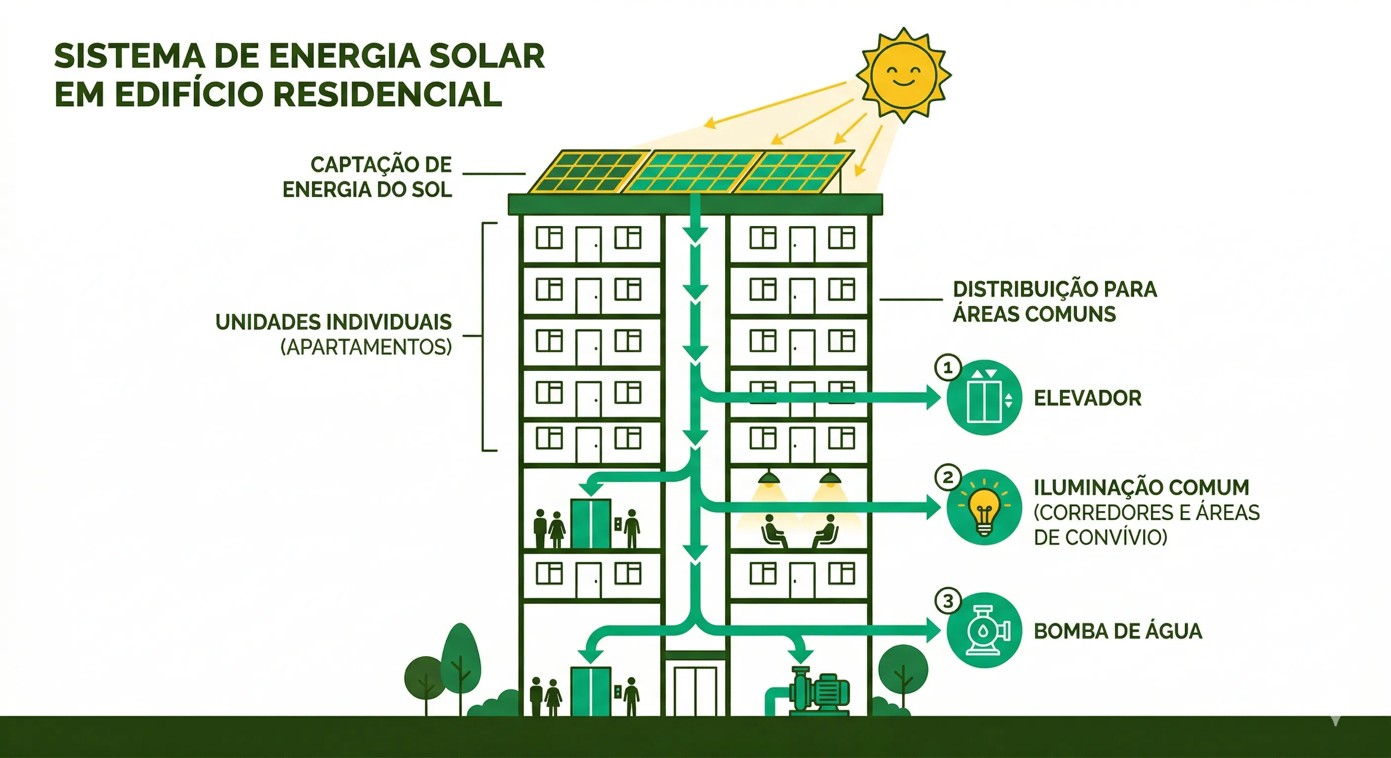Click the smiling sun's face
(x=903, y=75)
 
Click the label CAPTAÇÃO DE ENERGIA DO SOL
(x=372, y=177)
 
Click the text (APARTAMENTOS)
(x=366, y=347)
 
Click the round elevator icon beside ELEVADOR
(x=984, y=398)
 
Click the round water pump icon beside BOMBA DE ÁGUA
(x=984, y=630)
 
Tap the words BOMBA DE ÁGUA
(x=1117, y=631)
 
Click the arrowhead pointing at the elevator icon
(x=933, y=398)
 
